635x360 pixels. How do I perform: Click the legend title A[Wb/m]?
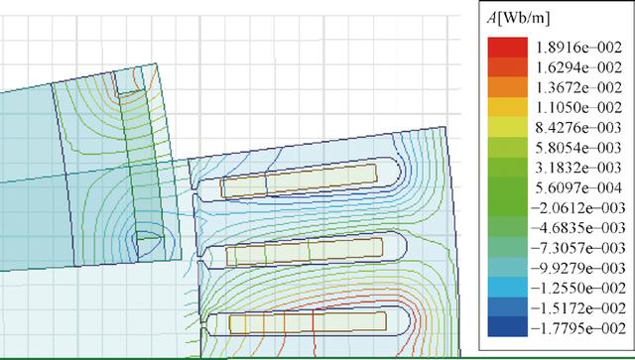tap(518, 19)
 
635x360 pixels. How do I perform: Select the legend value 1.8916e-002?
tap(578, 48)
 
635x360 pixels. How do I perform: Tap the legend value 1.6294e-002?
tap(578, 67)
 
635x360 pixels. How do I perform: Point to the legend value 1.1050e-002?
tap(578, 107)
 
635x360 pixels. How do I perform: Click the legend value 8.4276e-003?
tap(578, 128)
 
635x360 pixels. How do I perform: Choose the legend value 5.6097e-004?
tap(578, 187)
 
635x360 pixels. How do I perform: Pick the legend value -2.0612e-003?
tap(577, 208)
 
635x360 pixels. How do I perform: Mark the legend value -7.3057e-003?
tap(577, 248)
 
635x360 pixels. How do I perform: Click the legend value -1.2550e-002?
tap(577, 289)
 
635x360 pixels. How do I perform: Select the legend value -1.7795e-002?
tap(577, 328)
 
